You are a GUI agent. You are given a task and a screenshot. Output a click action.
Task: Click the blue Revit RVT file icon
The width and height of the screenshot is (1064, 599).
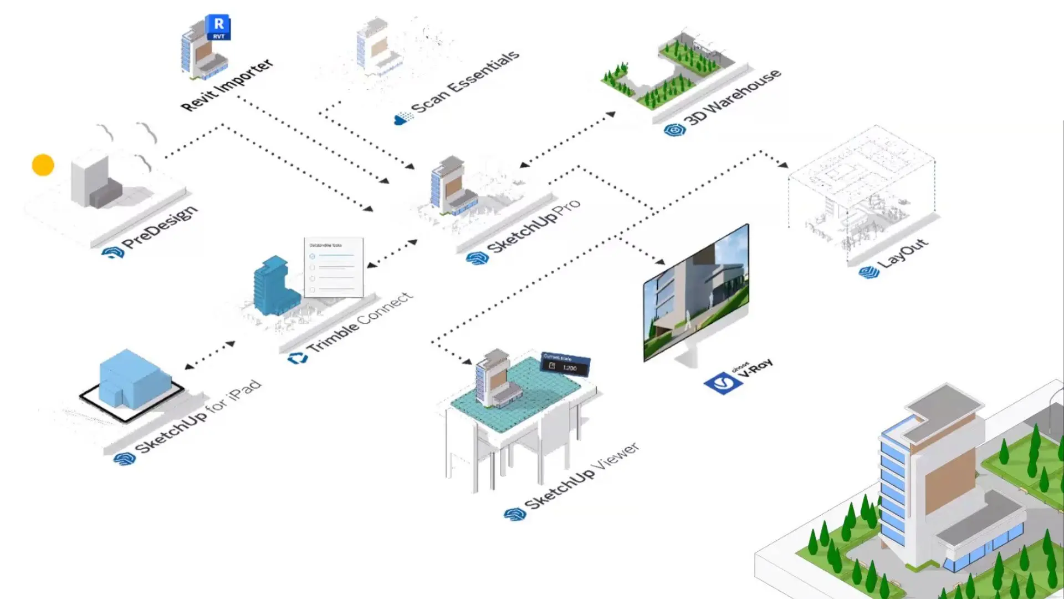click(218, 27)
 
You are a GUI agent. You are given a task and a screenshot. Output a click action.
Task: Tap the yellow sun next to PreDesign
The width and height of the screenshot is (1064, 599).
click(43, 165)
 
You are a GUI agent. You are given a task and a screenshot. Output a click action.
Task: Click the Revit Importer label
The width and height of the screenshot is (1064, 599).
click(227, 84)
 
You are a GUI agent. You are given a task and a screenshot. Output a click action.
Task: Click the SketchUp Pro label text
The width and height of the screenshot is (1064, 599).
click(533, 225)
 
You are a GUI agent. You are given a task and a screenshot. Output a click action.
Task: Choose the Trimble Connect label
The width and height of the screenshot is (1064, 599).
click(360, 322)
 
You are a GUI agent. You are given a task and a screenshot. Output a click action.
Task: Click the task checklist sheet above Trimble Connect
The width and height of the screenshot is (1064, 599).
click(334, 267)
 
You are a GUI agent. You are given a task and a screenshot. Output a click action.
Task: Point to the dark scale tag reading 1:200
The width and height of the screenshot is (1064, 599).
click(565, 364)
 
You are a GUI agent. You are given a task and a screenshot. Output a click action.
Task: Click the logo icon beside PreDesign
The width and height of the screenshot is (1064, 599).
click(112, 253)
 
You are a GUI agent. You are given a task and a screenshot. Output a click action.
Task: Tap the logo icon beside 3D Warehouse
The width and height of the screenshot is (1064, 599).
click(674, 130)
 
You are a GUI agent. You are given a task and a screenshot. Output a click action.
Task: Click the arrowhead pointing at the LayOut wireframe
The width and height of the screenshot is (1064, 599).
click(782, 164)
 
